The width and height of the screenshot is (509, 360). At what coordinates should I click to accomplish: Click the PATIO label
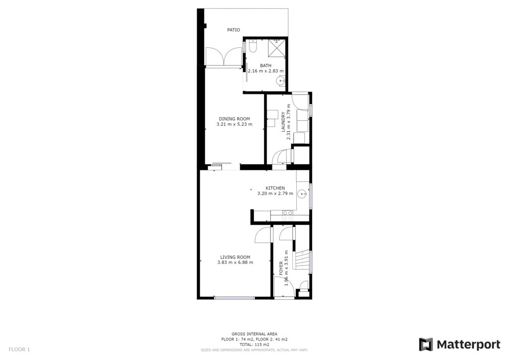[234, 30]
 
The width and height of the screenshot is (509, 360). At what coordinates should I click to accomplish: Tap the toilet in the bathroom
[253, 46]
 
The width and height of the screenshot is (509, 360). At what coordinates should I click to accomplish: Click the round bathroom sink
[280, 81]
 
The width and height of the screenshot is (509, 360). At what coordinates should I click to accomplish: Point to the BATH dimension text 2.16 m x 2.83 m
[265, 71]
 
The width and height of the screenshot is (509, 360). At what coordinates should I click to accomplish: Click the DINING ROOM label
[235, 119]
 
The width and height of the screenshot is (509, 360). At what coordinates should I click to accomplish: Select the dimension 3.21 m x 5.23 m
[235, 124]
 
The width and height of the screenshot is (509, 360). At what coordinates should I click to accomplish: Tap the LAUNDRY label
[283, 122]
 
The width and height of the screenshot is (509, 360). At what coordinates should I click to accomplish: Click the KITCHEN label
[275, 188]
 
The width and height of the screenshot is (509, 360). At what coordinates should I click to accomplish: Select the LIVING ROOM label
[235, 257]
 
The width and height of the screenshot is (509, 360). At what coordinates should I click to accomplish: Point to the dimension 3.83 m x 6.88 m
[235, 262]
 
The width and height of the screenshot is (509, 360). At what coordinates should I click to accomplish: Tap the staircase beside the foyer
[302, 260]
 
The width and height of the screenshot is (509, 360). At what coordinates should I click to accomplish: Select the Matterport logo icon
[425, 345]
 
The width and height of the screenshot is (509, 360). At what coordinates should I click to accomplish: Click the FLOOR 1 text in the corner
[19, 350]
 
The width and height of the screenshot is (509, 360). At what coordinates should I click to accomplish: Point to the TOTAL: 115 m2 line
[254, 345]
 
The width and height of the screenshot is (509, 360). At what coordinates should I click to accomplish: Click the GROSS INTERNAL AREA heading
[254, 334]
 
